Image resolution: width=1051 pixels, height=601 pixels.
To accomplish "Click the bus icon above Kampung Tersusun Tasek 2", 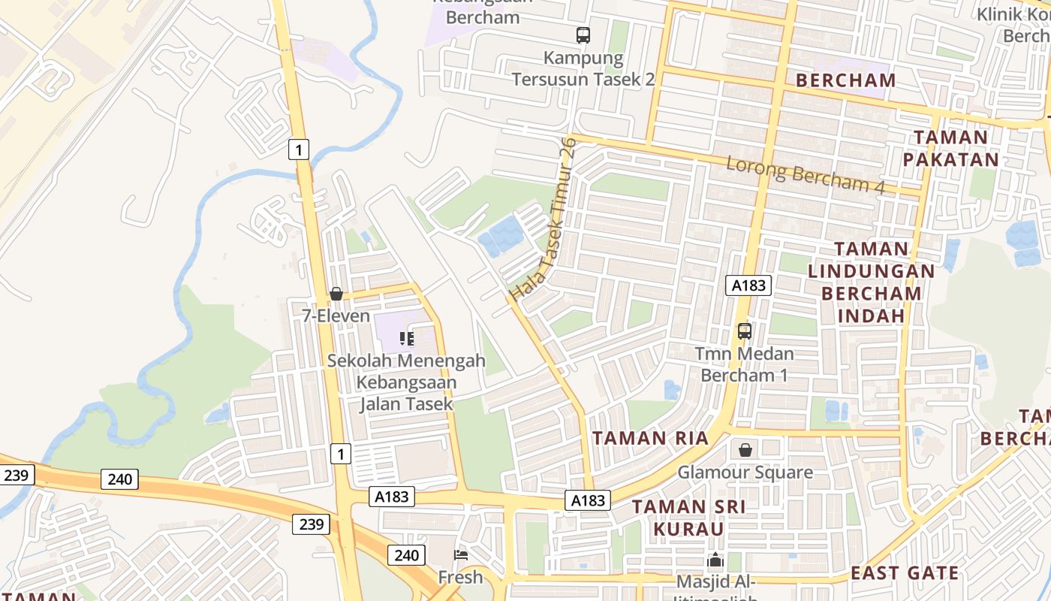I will click(583, 35).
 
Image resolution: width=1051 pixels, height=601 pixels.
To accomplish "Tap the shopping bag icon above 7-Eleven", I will click(336, 294).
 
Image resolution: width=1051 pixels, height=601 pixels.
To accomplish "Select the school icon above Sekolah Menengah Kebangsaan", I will click(407, 338).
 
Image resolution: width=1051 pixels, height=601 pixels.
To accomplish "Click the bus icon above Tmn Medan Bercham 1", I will click(744, 331).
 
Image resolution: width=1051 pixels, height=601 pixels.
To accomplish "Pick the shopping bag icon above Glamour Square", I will click(745, 450).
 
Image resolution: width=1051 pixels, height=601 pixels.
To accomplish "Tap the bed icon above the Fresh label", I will click(461, 555).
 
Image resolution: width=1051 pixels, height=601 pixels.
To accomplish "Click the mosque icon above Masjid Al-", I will click(715, 560).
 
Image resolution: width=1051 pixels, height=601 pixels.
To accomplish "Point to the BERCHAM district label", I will click(845, 80).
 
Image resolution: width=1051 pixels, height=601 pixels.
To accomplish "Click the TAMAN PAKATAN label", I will click(950, 148).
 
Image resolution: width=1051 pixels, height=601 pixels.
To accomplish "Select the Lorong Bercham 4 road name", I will click(806, 175).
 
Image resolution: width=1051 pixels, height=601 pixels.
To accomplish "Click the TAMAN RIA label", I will click(650, 439).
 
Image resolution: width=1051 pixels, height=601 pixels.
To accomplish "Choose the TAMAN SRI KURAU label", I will click(688, 518).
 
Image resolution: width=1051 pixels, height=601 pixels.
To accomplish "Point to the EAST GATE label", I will click(905, 573).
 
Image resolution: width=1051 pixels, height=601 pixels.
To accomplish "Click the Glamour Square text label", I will click(745, 473).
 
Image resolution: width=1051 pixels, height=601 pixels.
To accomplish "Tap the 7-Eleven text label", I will click(336, 316).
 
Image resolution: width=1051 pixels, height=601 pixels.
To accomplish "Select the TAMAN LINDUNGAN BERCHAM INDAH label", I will click(871, 282).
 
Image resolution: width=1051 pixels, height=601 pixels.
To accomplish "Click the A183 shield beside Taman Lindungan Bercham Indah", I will click(748, 285).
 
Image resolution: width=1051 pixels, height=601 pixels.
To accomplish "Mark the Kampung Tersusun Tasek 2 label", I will click(583, 68).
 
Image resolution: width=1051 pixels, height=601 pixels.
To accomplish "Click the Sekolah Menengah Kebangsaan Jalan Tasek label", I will click(406, 382).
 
